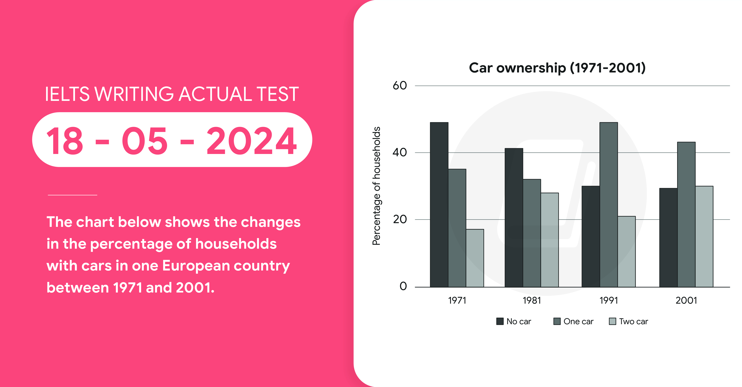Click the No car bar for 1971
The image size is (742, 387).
439,204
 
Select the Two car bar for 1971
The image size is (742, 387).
475,258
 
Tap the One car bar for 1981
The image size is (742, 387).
532,233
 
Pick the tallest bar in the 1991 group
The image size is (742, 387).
609,204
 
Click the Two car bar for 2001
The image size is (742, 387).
704,236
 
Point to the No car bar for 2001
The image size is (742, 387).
668,238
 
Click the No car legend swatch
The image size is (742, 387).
500,321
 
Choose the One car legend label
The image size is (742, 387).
578,321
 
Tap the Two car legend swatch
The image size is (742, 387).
612,321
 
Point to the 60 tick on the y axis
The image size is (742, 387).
400,85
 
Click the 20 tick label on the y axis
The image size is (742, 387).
400,219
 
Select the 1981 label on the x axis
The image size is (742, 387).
532,301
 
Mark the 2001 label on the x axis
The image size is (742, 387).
686,301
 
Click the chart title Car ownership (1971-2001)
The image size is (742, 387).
557,68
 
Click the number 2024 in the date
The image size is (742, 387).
251,141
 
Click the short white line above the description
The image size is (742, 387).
73,195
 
